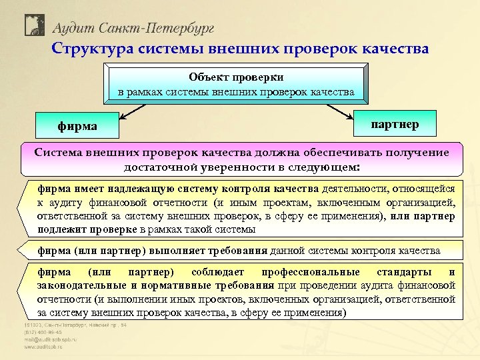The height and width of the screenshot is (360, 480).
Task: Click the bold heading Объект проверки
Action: pyautogui.click(x=236, y=77)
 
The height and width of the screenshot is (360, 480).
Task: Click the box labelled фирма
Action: pyautogui.click(x=77, y=125)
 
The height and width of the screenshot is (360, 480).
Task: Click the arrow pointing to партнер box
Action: pyautogui.click(x=340, y=111)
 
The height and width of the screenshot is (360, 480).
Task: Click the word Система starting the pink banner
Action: pyautogui.click(x=65, y=152)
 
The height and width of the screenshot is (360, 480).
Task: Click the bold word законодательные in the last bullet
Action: pyautogui.click(x=80, y=285)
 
